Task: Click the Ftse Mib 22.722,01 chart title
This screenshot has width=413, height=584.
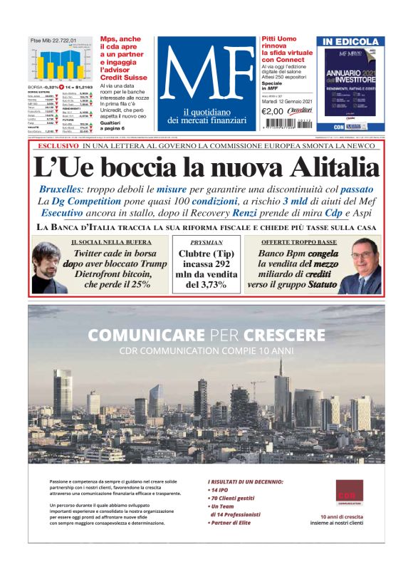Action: [52, 41]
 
